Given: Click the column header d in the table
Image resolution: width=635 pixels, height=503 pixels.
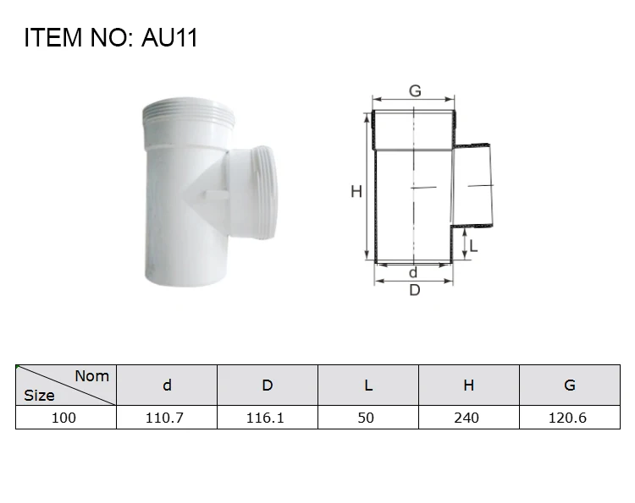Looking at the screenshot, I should [x=167, y=385].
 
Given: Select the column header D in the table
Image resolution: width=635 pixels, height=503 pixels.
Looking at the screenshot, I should [x=268, y=385].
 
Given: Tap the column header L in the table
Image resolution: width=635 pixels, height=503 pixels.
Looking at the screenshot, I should [x=368, y=385].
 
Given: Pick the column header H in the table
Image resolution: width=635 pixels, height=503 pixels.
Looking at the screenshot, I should [x=468, y=385].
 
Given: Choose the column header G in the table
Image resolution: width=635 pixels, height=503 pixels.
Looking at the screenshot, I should [x=569, y=385].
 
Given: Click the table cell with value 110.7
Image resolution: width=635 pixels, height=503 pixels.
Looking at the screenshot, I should [x=167, y=418].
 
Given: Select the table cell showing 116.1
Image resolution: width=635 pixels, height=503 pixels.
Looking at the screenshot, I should [x=268, y=418].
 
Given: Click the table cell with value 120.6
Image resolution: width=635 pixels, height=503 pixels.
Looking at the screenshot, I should [x=569, y=418].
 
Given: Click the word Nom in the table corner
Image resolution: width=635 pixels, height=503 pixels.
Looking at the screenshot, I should [x=91, y=376].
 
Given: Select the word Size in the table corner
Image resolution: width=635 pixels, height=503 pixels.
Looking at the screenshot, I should [x=39, y=395].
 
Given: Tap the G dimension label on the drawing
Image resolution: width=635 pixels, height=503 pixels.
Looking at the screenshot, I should [x=415, y=91].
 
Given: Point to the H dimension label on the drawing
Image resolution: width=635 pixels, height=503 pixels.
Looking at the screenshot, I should [x=356, y=193].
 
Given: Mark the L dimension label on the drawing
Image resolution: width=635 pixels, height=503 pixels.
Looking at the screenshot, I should [x=474, y=246].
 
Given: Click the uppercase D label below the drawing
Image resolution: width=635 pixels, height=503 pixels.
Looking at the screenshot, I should [x=415, y=291].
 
